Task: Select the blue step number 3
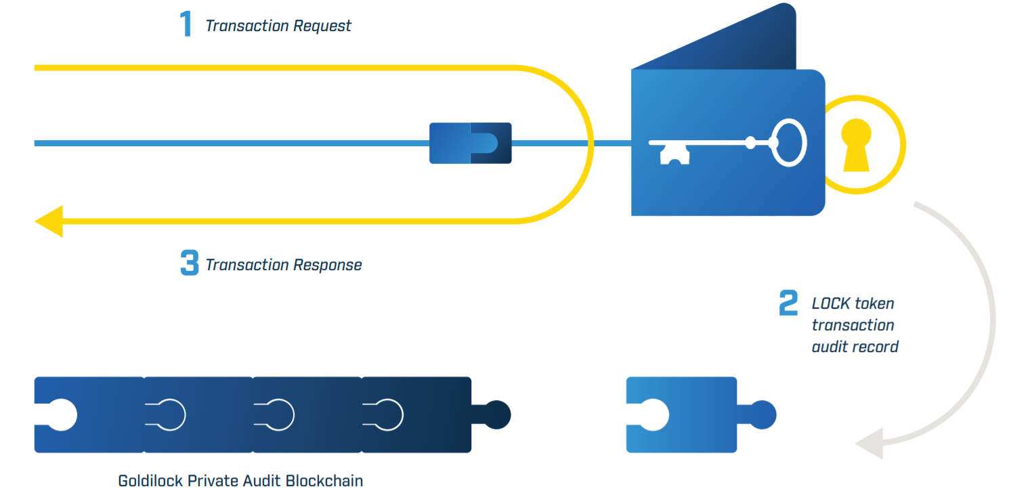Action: [x=189, y=263]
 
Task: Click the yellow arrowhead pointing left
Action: [x=49, y=221]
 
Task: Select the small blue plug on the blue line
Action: [x=470, y=143]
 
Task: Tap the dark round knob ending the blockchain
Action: [x=497, y=414]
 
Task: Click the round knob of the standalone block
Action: [x=763, y=414]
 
